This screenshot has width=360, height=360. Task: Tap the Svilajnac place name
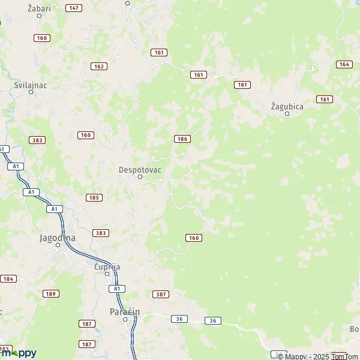coord(31,85)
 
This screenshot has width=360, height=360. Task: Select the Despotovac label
coord(139,169)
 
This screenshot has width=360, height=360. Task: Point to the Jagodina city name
coord(58,238)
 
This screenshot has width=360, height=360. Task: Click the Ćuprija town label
coord(107,266)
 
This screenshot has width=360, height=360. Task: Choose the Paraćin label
coord(125,311)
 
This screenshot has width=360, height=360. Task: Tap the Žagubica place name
coord(287,106)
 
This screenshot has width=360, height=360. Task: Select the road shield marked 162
coord(99,66)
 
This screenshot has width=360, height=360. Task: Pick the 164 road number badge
coord(344,64)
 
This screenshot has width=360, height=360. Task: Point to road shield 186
coord(182,139)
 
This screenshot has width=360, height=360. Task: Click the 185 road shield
coord(94,197)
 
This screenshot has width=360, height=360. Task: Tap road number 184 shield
coord(8,279)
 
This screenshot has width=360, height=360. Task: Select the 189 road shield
coord(50,293)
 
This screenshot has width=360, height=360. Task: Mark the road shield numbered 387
coord(161,295)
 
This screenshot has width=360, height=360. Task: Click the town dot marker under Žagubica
coord(287,113)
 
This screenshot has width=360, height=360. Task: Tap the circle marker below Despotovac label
coord(140,177)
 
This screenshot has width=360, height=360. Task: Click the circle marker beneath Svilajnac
coord(31,92)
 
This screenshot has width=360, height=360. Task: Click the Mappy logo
coord(18,353)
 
